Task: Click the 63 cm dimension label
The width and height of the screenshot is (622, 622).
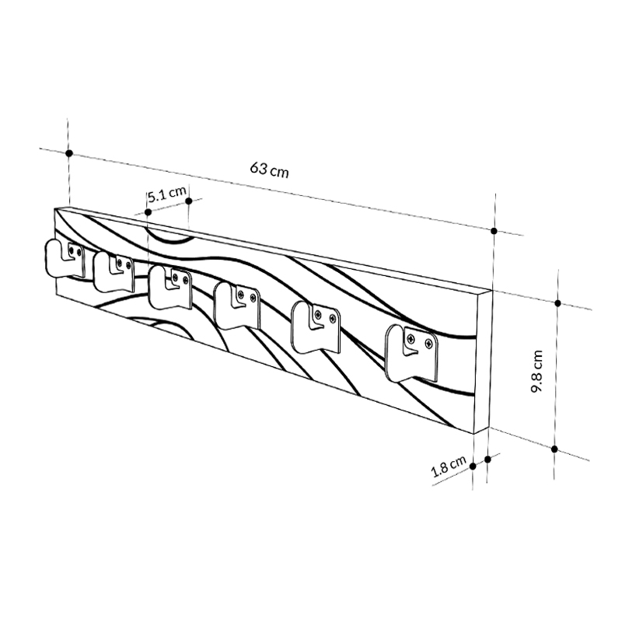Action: (x=270, y=169)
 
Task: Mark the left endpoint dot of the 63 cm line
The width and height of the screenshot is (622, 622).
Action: (x=69, y=154)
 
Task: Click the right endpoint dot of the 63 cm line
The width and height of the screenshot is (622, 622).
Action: (x=494, y=231)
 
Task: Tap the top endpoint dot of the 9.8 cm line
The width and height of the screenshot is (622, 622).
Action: (x=557, y=302)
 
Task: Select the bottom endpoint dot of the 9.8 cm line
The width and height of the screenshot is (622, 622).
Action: (x=554, y=449)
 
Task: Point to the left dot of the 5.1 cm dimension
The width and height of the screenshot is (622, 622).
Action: (x=149, y=211)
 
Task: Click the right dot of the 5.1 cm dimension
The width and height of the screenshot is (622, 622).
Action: (x=189, y=201)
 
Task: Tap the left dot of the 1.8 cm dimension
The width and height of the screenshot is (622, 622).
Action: (x=473, y=464)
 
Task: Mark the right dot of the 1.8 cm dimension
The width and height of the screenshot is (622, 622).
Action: (x=488, y=460)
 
